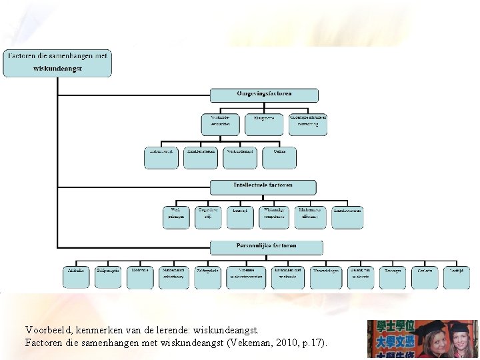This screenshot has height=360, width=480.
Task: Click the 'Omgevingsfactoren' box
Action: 264,95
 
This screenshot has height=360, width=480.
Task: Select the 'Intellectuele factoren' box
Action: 263,187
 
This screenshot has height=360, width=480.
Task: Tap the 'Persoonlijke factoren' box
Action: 266,247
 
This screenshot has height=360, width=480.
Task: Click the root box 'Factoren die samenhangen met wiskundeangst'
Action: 57,63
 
